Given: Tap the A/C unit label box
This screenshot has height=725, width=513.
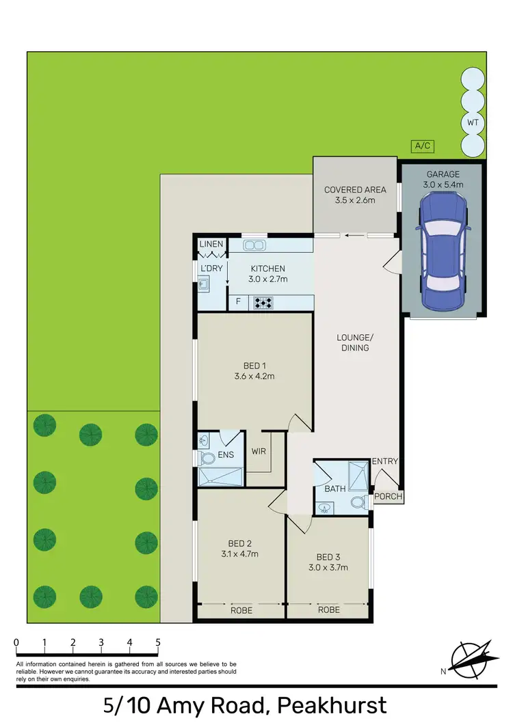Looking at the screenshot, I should coord(422,146).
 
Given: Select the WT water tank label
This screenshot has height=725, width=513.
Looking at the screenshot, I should coord(471,123).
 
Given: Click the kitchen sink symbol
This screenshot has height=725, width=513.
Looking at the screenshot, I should coord(256,245).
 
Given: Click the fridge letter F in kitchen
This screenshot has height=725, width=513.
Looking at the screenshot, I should coord(238,301).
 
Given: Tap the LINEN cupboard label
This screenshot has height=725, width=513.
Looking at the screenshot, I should coord(211,244).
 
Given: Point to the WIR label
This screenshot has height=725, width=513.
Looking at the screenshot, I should coord(259,452).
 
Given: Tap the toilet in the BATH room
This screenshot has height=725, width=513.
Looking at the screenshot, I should coord(356,503).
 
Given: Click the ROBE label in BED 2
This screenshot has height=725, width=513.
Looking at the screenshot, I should coord(241,611).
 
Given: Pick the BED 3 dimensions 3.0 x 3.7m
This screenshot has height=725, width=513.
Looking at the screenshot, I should coord(328,567).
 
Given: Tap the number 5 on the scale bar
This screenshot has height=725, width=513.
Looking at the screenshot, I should coord(158,642).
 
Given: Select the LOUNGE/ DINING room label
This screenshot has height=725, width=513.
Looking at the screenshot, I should coord(353,342).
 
